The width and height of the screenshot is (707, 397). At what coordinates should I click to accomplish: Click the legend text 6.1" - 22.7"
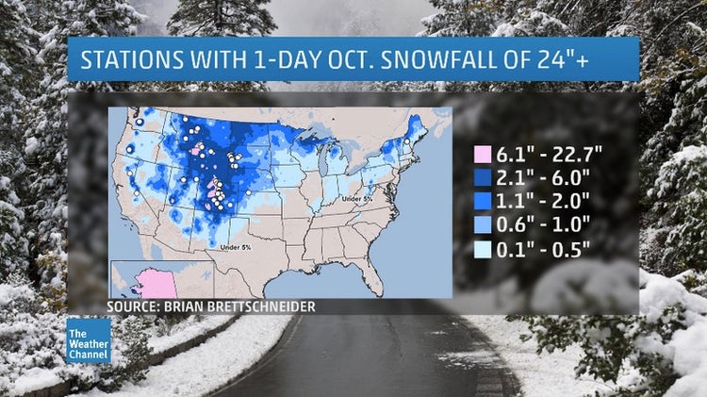[x=545, y=151]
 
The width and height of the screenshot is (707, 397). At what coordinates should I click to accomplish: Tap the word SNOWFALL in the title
[x=450, y=59]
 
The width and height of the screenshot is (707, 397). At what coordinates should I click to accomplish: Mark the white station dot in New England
[x=407, y=141]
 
